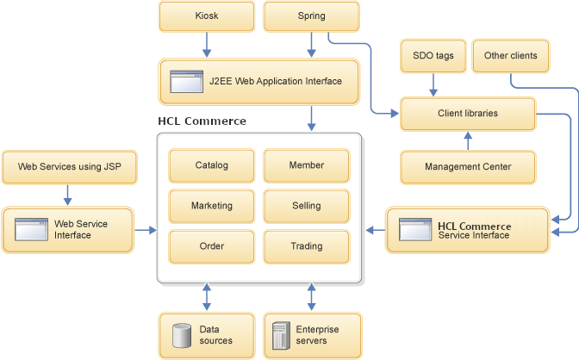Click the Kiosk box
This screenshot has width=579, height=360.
pos(207,16)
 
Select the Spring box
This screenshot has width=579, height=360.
pos(311,16)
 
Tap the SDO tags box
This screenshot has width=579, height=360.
pos(433,56)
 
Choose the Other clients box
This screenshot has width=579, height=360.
pos(510,56)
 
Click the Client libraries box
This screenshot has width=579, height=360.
pos(468,113)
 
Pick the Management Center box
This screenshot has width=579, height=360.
pos(468,166)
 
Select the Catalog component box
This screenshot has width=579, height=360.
pos(211,165)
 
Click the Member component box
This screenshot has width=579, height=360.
pos(306,165)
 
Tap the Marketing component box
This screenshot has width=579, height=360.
pos(211,206)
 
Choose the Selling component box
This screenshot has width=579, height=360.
pos(306,206)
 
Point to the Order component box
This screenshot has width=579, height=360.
pos(211,246)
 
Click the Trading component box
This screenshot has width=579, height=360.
pos(306,246)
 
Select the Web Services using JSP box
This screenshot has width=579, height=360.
pos(70,166)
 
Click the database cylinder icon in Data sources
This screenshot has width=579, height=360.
pos(181,335)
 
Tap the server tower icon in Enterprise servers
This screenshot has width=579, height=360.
pos(279,335)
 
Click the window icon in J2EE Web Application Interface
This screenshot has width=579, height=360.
pos(185,82)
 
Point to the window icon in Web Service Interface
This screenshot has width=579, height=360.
pos(32,229)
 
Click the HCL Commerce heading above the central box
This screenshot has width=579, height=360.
pos(202,121)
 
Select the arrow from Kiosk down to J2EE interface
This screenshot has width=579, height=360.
pos(207,45)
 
